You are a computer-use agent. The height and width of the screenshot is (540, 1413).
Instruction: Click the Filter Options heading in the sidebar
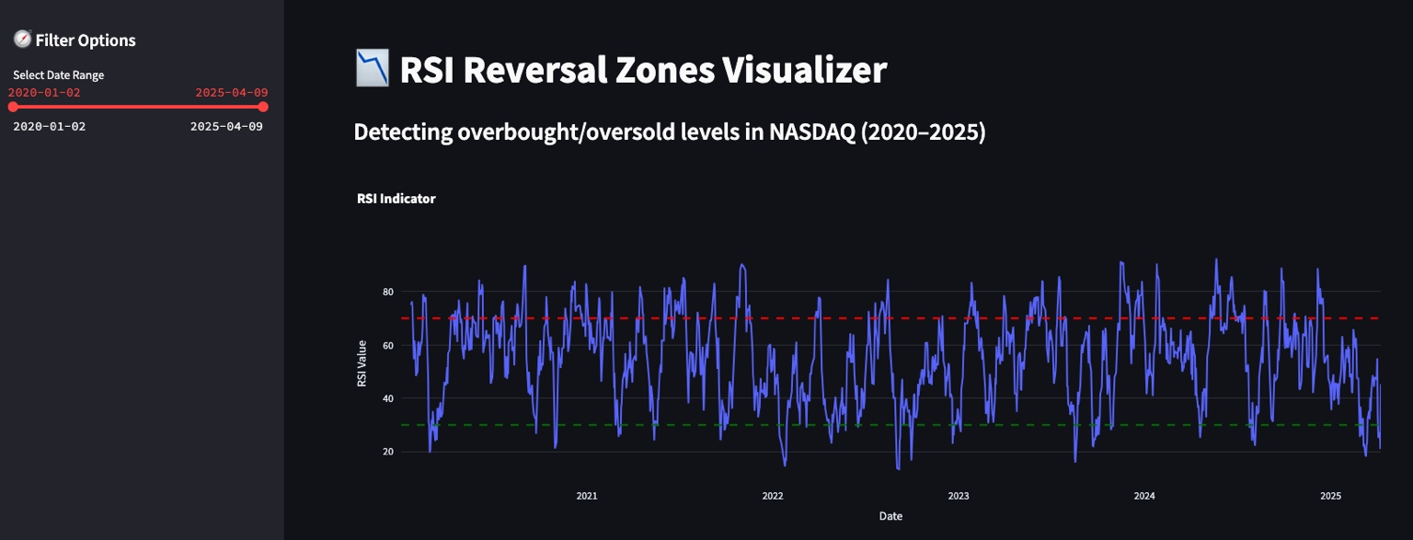[x=85, y=40]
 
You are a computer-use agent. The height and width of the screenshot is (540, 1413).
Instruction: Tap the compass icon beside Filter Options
[x=22, y=40]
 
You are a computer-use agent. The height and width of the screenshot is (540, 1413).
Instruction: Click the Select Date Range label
[x=58, y=75]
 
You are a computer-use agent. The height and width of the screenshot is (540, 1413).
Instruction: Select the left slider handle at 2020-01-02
[x=13, y=107]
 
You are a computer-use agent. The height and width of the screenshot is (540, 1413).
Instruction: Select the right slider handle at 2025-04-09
[x=263, y=107]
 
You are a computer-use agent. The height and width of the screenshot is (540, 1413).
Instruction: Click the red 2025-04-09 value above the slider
[x=231, y=93]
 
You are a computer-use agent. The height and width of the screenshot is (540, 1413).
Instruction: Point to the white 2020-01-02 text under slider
[x=49, y=126]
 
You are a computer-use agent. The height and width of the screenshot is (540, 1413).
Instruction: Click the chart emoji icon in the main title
[x=373, y=69]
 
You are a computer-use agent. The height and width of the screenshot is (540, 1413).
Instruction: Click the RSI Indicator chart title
[x=396, y=199]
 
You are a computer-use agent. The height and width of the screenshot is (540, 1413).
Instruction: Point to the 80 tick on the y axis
[x=387, y=292]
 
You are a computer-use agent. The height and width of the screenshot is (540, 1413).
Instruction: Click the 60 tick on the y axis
[x=387, y=345]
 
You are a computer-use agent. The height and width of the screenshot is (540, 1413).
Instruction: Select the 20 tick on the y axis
[x=387, y=452]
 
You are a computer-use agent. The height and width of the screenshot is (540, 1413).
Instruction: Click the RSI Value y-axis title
[x=362, y=362]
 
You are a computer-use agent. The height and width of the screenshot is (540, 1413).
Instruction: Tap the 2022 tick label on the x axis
[x=773, y=496]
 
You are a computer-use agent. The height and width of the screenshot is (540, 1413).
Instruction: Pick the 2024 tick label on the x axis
[x=1144, y=496]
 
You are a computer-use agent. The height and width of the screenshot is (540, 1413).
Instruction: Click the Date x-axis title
[x=890, y=516]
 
